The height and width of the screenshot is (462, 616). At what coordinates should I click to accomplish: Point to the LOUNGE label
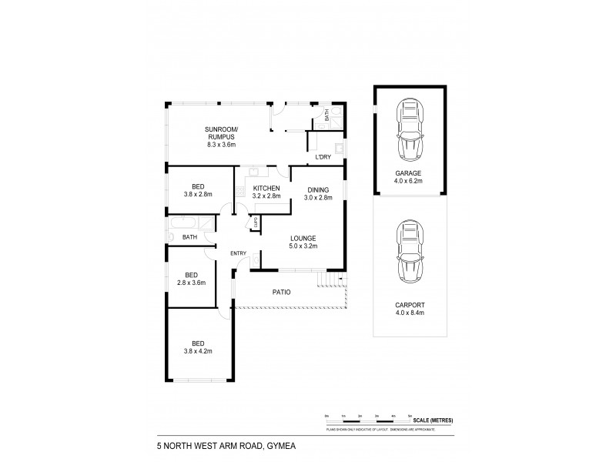click(x=302, y=238)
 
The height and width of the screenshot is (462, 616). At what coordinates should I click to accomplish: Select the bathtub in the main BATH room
click(x=189, y=225)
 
